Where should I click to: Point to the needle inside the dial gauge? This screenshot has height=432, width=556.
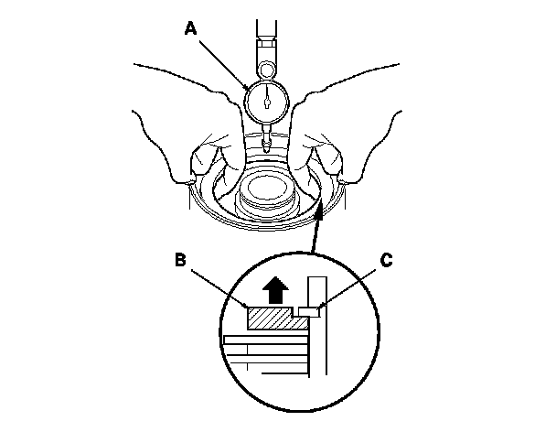click(x=266, y=99)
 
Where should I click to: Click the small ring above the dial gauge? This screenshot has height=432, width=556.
click(x=266, y=68)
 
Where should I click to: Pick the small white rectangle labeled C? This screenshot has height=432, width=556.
click(x=310, y=312)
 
